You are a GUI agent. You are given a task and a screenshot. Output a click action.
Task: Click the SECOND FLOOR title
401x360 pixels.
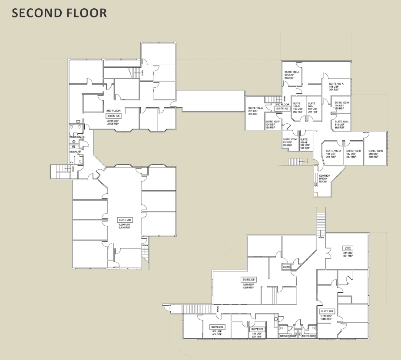[x=59, y=13]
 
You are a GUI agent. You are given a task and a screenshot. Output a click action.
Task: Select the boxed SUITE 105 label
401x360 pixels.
[x=113, y=116]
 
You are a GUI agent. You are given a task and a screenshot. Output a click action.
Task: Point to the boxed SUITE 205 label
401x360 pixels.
[x=249, y=279]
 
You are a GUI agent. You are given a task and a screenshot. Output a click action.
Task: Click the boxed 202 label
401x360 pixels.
[x=348, y=248]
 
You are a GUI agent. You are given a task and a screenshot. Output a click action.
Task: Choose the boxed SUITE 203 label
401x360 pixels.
[x=327, y=311]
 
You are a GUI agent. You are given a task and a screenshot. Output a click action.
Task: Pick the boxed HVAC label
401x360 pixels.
[x=286, y=267]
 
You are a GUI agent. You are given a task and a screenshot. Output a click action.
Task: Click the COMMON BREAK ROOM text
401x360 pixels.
[x=325, y=178]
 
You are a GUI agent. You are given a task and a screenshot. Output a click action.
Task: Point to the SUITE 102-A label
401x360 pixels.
[x=255, y=108]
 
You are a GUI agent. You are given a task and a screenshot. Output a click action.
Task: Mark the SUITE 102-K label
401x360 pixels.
[x=336, y=84]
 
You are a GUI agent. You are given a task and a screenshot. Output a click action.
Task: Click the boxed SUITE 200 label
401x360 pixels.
[x=217, y=327]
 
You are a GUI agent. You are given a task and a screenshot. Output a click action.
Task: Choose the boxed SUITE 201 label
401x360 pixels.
[x=257, y=329]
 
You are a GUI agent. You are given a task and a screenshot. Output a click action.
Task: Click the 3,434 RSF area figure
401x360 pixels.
[x=125, y=228]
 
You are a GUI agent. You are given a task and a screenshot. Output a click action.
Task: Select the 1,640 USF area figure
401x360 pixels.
[x=249, y=284]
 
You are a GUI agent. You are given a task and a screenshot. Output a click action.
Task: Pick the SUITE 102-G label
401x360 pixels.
[x=290, y=139]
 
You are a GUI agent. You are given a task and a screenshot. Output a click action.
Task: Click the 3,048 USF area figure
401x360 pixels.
[x=113, y=121]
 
